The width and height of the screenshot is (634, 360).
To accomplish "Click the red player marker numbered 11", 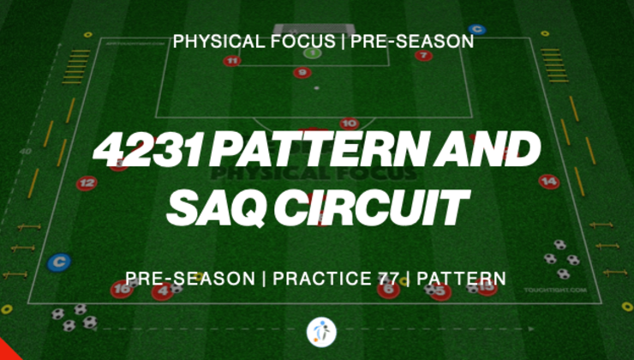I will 232,61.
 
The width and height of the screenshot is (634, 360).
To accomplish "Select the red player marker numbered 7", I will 423,56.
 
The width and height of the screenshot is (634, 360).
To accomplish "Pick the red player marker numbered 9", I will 302,73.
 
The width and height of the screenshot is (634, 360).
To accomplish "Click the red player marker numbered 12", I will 87,183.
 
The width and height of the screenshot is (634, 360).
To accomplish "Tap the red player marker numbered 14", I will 549,182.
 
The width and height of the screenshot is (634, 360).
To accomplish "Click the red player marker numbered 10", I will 348,123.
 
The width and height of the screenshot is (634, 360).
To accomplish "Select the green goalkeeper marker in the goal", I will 312,52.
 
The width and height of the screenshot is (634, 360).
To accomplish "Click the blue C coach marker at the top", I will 477,30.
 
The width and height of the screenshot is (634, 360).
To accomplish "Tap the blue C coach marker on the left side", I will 58,262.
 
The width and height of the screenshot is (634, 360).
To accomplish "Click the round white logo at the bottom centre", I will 321,332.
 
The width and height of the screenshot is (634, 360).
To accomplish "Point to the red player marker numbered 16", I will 123,291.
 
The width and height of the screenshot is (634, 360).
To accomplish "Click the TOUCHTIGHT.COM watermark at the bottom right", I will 554,291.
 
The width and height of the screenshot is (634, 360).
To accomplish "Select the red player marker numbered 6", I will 389,291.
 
